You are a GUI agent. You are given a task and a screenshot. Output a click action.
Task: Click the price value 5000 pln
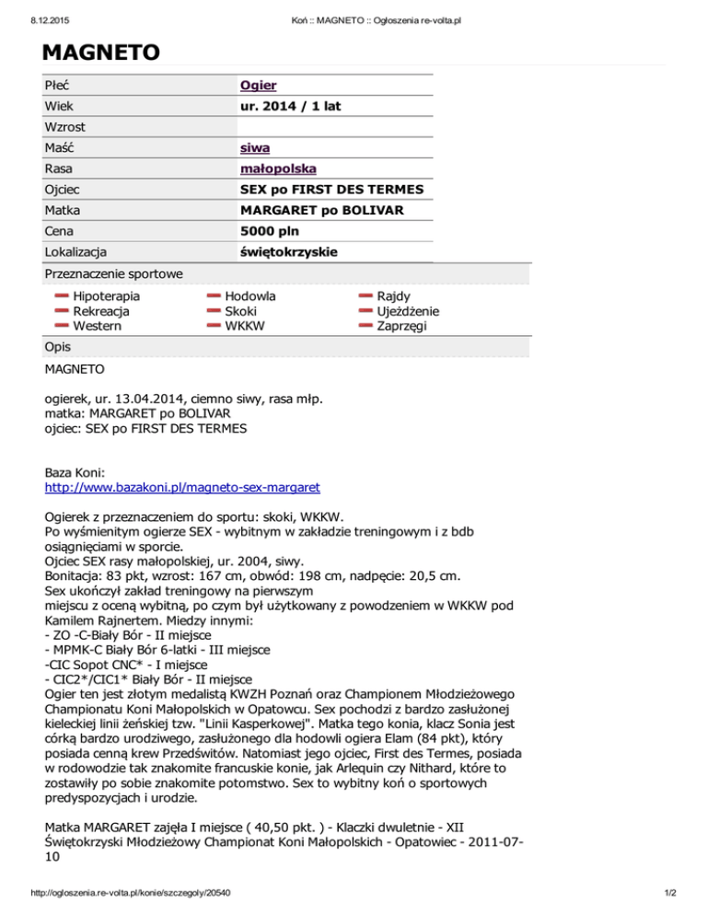tap(268, 230)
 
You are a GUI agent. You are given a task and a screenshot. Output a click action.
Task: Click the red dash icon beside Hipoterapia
tap(62, 296)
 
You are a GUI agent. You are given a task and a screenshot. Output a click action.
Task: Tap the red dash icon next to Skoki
tap(214, 311)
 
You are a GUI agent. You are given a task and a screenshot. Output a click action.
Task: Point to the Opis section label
tap(61, 346)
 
